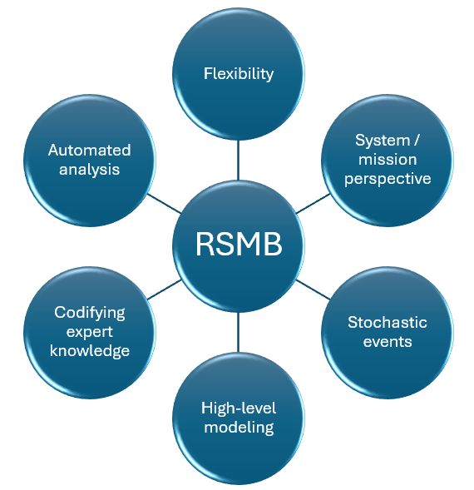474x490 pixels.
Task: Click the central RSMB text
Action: (x=239, y=244)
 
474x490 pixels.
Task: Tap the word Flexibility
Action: (x=239, y=74)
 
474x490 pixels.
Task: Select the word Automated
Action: (x=89, y=151)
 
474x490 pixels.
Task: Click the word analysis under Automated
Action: (x=89, y=170)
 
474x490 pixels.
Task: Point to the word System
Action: (x=383, y=141)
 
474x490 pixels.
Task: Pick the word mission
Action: (x=388, y=160)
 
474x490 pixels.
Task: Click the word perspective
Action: (x=388, y=179)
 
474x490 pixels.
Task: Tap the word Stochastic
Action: (x=388, y=322)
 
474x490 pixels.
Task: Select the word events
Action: (x=388, y=342)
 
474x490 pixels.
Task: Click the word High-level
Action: (x=239, y=408)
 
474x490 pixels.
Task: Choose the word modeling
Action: (x=239, y=428)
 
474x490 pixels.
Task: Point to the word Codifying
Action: (x=89, y=313)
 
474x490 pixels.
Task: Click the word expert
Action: (x=89, y=332)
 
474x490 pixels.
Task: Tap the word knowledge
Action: (x=89, y=351)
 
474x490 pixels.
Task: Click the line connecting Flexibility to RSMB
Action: (x=238, y=160)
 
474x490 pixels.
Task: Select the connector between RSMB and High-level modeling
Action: (x=238, y=332)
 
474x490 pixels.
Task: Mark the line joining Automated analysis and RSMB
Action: (x=164, y=204)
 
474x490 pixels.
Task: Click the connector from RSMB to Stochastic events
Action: (x=313, y=290)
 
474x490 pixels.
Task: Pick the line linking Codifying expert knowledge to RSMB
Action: (x=164, y=290)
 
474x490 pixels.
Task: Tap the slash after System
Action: (x=416, y=141)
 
